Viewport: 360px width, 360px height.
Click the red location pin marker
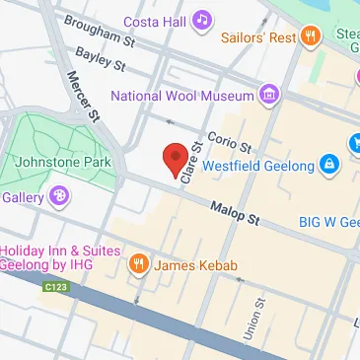click(175, 159)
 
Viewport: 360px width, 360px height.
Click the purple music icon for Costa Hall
click(202, 20)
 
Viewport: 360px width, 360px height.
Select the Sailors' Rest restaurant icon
click(311, 37)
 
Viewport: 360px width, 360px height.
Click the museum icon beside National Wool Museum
click(267, 95)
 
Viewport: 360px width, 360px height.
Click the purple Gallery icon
click(60, 197)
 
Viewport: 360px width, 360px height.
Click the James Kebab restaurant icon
click(138, 264)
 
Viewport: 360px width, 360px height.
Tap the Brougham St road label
click(99, 30)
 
